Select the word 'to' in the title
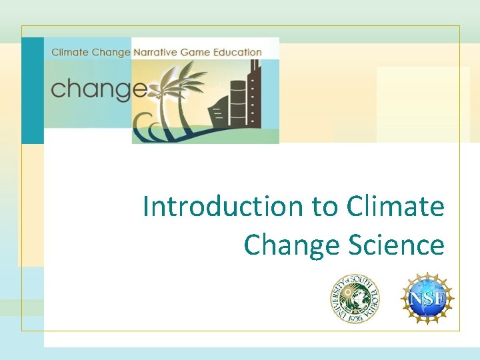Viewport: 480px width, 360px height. pyautogui.click(x=325, y=207)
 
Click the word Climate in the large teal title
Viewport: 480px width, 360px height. pyautogui.click(x=395, y=207)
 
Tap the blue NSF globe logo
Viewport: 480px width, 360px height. pyautogui.click(x=427, y=299)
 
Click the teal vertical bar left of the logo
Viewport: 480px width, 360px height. pyautogui.click(x=32, y=90)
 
